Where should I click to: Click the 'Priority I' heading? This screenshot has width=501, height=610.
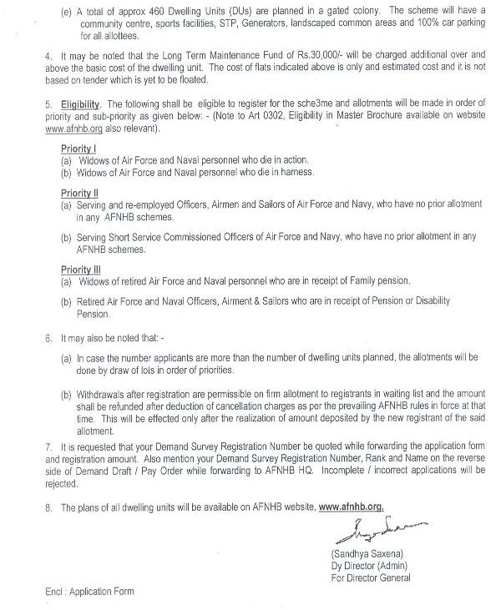coord(78,148)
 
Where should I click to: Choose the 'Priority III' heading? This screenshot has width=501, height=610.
coord(82,270)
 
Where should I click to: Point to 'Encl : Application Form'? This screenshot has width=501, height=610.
coord(89,592)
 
